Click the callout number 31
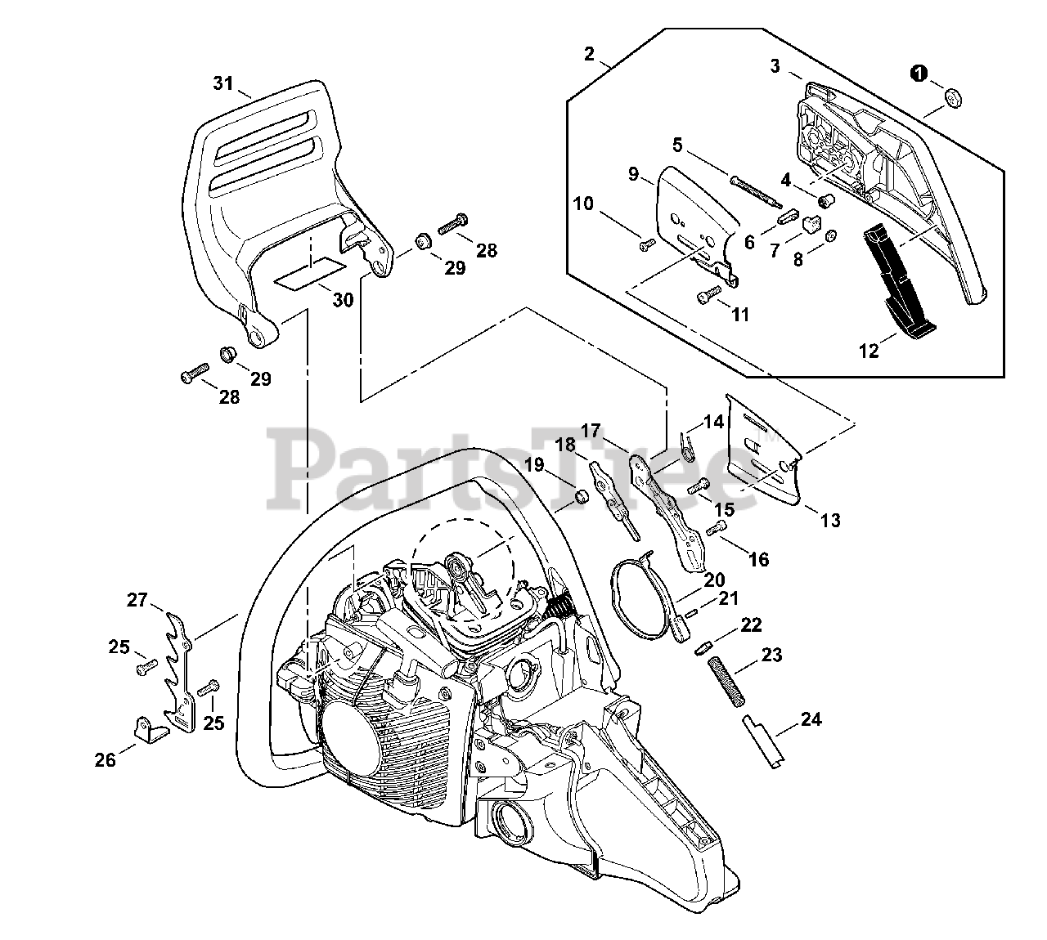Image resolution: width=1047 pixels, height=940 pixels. point(223,83)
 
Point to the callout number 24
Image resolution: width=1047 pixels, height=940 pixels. point(811,719)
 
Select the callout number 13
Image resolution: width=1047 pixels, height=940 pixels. point(830,520)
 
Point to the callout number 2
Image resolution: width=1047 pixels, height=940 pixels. point(590,54)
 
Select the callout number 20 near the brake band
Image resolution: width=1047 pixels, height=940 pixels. point(714,580)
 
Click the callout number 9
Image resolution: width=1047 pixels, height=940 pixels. point(633,173)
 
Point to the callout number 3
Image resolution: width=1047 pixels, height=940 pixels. point(775,66)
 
